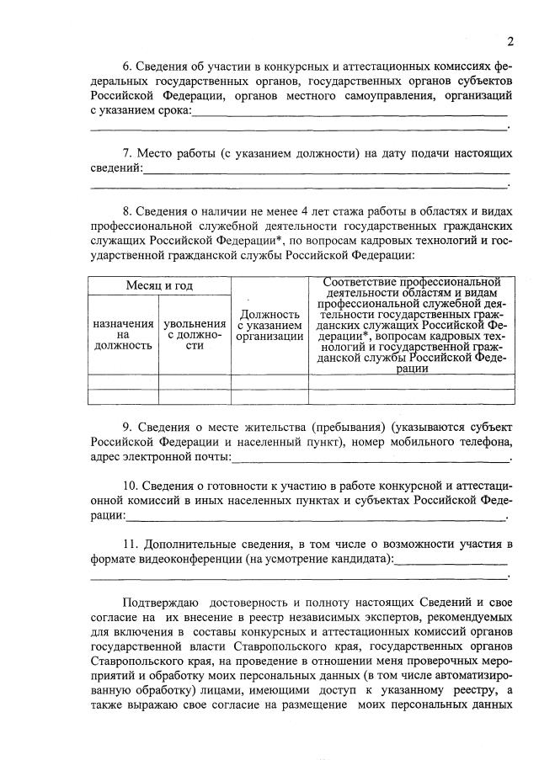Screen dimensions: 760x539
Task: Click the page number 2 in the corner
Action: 510,42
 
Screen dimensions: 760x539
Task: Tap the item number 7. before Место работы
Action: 127,154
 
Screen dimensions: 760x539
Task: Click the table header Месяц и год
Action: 159,286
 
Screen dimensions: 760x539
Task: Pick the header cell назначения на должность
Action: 123,334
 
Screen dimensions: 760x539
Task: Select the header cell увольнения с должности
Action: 195,334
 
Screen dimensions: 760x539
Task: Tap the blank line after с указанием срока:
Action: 350,111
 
